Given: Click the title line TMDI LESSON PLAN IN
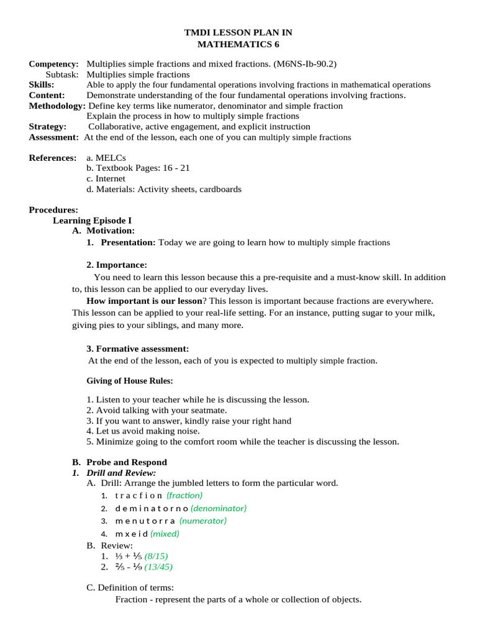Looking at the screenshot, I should pyautogui.click(x=238, y=32).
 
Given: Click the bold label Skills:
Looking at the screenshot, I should pyautogui.click(x=42, y=84).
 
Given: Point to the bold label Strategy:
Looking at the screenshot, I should pyautogui.click(x=48, y=127).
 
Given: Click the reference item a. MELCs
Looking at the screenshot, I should pyautogui.click(x=106, y=158).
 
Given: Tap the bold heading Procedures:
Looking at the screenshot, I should pyautogui.click(x=53, y=210).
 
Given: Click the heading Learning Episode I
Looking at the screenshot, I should pyautogui.click(x=92, y=220).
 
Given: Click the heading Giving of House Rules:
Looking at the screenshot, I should pyautogui.click(x=129, y=381).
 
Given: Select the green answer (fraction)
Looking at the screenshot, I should pyautogui.click(x=184, y=496).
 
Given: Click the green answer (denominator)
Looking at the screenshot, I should pyautogui.click(x=219, y=508).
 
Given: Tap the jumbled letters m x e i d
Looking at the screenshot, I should pyautogui.click(x=131, y=534).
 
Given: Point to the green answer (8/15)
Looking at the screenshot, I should pyautogui.click(x=156, y=556).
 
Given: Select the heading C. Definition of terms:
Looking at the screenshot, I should pyautogui.click(x=130, y=588).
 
